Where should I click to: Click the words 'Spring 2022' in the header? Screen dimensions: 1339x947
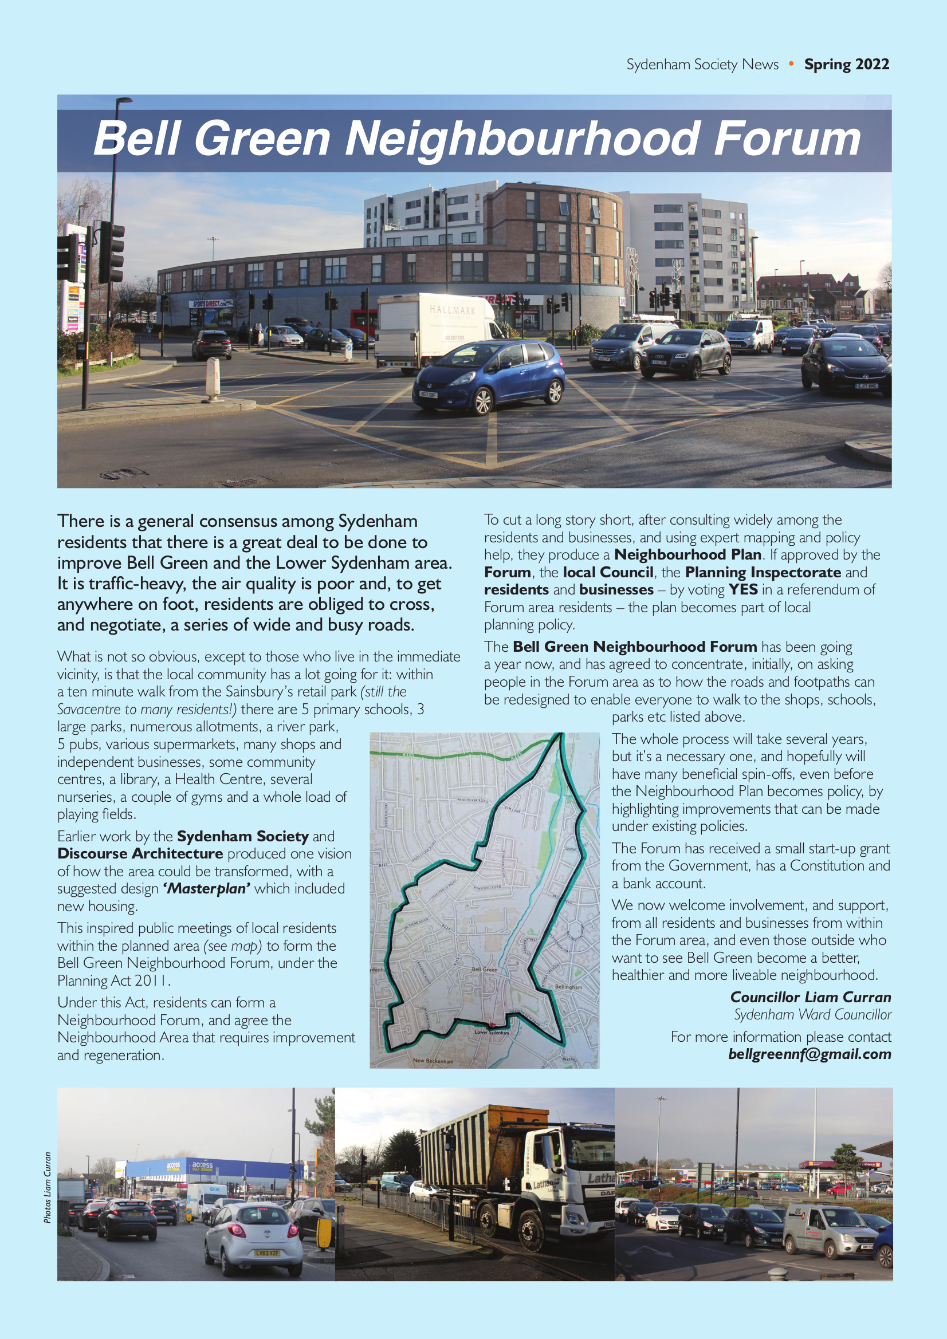click(x=846, y=64)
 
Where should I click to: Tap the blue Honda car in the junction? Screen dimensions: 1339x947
click(x=489, y=375)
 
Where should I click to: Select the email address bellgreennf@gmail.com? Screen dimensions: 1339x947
click(x=810, y=1054)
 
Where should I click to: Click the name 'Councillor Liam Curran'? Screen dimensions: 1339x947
click(x=811, y=997)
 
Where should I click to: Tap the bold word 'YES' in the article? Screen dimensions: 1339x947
click(x=743, y=589)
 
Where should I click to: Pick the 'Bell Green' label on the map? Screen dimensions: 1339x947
click(x=484, y=969)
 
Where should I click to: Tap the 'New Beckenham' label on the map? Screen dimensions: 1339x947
click(x=433, y=1061)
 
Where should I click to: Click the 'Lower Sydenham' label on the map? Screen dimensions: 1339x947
click(x=492, y=1032)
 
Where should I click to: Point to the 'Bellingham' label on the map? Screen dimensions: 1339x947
click(x=568, y=987)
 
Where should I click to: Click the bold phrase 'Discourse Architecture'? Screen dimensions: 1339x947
click(x=140, y=854)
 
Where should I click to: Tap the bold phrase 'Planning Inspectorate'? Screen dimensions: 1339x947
click(x=763, y=572)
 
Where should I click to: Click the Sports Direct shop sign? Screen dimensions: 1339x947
click(x=211, y=304)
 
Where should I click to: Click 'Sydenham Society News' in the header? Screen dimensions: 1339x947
click(x=702, y=64)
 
